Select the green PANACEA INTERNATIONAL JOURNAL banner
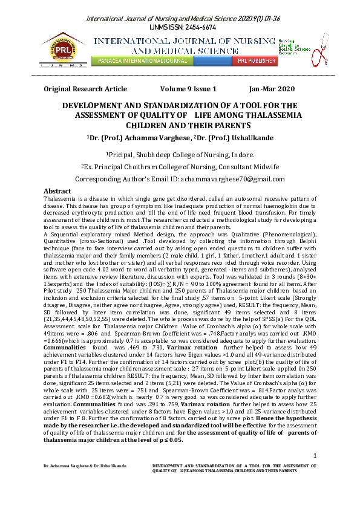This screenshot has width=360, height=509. [x=141, y=61]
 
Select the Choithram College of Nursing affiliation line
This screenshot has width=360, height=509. [x=180, y=166]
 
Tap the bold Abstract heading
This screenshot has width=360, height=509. [x=58, y=191]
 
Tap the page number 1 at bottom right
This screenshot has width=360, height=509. [x=315, y=472]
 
